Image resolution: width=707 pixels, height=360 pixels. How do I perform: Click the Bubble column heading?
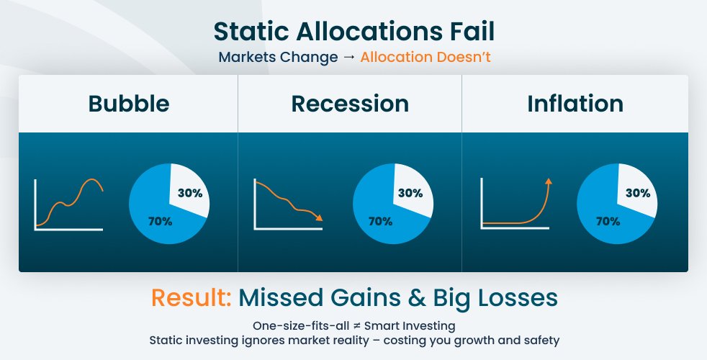point(129,104)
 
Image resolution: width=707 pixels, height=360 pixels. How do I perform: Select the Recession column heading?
point(350,104)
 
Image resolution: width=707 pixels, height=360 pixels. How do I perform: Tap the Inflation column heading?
point(575,104)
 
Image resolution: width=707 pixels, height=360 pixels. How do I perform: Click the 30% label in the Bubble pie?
point(190,193)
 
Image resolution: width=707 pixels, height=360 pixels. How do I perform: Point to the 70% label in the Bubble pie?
point(160,222)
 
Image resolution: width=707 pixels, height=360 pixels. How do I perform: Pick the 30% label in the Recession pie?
point(410,193)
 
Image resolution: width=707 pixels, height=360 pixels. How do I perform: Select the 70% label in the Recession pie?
point(381,222)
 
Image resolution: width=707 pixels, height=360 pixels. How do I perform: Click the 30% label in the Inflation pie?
point(638,193)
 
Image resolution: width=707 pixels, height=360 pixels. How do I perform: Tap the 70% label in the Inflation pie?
point(608,222)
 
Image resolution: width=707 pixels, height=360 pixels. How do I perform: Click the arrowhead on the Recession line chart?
point(319,218)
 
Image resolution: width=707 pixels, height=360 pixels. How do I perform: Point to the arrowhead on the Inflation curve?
point(549,181)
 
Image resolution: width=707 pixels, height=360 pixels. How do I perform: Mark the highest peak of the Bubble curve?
point(93,179)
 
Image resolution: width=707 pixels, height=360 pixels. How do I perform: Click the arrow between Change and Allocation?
point(348,58)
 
